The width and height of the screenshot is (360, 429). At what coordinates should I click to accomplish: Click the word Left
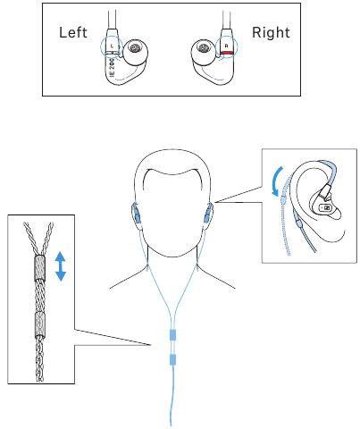pos(73,33)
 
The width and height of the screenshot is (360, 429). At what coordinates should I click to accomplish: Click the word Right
pos(272,33)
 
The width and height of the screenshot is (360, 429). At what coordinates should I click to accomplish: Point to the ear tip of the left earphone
pos(137,50)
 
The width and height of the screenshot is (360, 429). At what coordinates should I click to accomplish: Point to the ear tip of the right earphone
pos(202,50)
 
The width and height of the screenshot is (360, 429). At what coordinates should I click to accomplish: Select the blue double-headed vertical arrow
pos(61,266)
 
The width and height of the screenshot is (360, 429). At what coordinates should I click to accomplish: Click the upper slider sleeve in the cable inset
pos(39,269)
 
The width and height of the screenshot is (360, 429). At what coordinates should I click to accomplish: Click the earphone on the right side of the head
pos(209,214)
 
